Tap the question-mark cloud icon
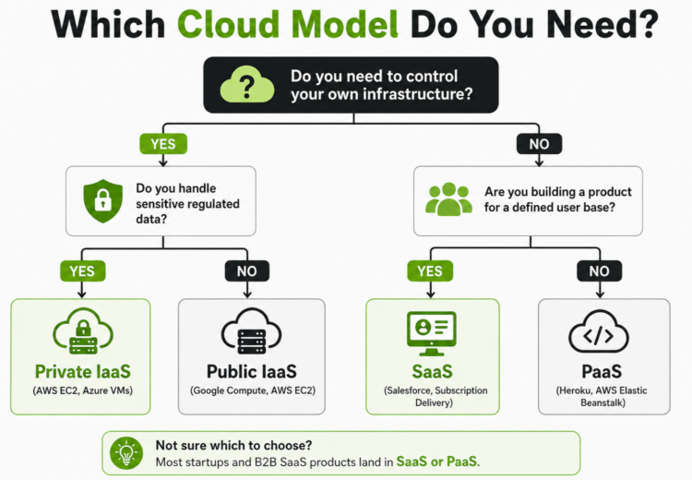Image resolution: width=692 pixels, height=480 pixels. [246, 85]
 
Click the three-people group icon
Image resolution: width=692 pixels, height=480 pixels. [447, 198]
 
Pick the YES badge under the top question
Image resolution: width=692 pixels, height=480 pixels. [163, 144]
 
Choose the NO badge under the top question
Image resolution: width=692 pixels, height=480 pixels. [538, 144]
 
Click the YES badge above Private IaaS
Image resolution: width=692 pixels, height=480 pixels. [82, 271]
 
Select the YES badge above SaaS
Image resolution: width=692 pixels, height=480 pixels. [431, 271]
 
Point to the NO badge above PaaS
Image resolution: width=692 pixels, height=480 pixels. [600, 271]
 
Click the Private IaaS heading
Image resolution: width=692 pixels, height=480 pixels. [82, 372]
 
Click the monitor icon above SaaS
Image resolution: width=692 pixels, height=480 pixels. [432, 330]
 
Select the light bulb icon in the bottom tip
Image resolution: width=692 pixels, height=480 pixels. [124, 452]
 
